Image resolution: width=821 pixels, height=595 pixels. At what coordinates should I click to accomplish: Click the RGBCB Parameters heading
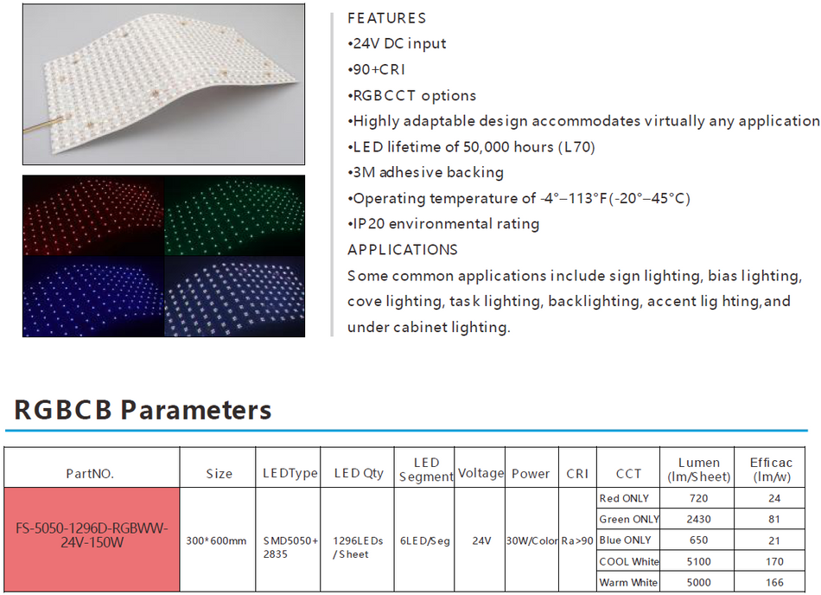click(143, 409)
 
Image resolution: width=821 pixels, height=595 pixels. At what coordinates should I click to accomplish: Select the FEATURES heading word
click(386, 18)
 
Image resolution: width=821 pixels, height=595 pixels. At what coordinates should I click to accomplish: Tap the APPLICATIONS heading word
click(402, 250)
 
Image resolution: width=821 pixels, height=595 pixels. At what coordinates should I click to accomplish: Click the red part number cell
click(92, 536)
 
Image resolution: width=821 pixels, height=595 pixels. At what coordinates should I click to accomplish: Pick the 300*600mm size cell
click(217, 541)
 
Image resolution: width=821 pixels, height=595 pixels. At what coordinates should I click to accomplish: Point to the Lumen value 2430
click(698, 520)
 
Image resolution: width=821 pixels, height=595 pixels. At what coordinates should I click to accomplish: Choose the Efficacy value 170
click(774, 561)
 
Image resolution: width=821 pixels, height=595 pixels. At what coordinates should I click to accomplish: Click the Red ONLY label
click(624, 499)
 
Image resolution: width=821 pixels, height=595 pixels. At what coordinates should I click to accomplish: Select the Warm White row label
click(628, 583)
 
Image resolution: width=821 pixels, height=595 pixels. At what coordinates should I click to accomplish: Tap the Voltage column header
click(481, 473)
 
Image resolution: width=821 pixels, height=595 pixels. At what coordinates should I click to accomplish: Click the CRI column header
click(577, 474)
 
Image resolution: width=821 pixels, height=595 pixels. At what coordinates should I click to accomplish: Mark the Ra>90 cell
click(577, 541)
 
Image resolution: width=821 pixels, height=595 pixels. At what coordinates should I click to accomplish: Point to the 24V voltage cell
click(481, 541)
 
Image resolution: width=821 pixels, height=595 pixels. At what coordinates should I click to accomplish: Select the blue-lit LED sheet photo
click(92, 296)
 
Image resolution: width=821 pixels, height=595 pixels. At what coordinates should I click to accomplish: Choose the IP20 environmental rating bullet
click(443, 224)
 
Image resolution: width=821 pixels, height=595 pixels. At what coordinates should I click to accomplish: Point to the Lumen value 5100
click(698, 561)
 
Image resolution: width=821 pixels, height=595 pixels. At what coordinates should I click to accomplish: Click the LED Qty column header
click(359, 474)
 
